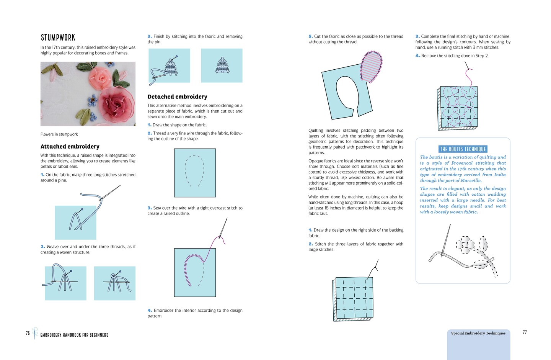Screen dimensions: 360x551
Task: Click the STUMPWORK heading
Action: click(x=58, y=38)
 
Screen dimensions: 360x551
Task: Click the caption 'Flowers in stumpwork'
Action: click(x=59, y=134)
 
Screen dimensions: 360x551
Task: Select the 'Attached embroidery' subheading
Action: click(x=70, y=147)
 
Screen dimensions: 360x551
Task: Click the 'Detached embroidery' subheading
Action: click(x=177, y=97)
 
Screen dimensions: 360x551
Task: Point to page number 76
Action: click(x=28, y=333)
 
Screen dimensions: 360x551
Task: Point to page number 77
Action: click(x=525, y=332)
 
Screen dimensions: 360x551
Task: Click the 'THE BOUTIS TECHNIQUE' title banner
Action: click(x=463, y=149)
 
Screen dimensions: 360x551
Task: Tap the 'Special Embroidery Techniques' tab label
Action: click(x=478, y=333)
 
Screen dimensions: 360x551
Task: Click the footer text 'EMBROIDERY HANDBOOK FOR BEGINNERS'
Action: click(x=74, y=335)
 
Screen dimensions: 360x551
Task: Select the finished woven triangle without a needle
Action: click(x=222, y=65)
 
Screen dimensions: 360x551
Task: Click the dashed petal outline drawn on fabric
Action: click(x=194, y=170)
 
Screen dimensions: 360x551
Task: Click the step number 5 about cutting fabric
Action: click(x=310, y=36)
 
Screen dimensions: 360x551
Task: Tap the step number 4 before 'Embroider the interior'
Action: click(x=150, y=311)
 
